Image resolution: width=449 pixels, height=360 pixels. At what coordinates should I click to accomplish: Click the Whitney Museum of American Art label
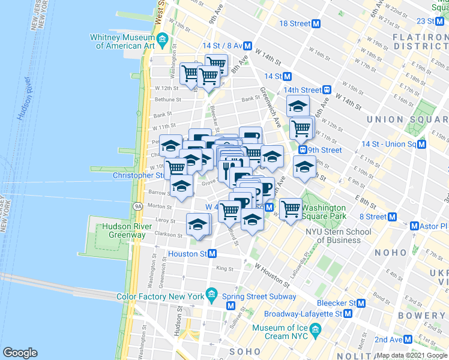(122, 41)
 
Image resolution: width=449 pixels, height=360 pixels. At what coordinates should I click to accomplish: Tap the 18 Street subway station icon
(316, 23)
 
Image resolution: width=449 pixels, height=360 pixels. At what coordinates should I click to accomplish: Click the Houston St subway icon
(212, 254)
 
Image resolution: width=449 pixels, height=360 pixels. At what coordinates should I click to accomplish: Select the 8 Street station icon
(393, 217)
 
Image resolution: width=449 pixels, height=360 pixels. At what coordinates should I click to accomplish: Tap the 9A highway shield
(137, 206)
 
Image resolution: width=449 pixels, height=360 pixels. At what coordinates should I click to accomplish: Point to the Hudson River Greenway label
(124, 230)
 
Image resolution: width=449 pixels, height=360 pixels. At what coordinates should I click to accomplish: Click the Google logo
(20, 353)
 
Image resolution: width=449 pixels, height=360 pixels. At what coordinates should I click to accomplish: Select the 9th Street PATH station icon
(303, 150)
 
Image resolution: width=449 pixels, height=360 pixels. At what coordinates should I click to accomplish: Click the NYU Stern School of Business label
(339, 236)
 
